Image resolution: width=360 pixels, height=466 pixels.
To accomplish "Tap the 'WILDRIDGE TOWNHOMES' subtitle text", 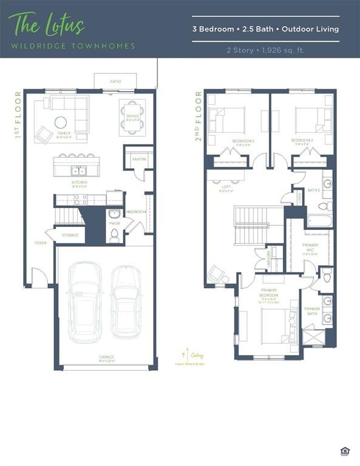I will pyautogui.click(x=72, y=46).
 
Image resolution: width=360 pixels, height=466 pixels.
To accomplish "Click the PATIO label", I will pyautogui.click(x=115, y=81).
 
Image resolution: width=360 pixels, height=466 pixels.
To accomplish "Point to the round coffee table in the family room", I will pyautogui.click(x=62, y=121).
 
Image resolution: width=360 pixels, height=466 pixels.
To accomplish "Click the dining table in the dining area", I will pyautogui.click(x=131, y=112).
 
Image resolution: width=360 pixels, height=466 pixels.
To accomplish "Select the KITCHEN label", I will pyautogui.click(x=79, y=182).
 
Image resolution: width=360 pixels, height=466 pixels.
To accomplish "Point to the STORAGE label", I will pyautogui.click(x=70, y=235).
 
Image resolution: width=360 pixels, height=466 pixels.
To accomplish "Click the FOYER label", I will pyautogui.click(x=40, y=243).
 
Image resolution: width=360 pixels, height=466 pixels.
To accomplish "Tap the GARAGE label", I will pyautogui.click(x=107, y=357).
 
